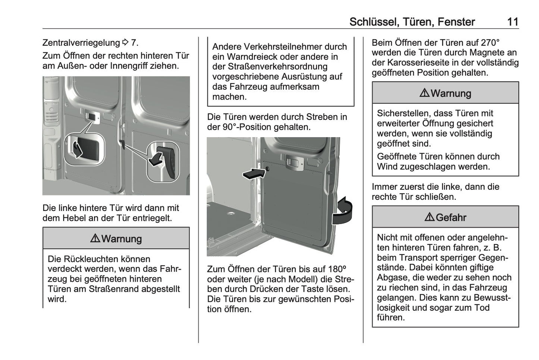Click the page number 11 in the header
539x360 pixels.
[x=513, y=22]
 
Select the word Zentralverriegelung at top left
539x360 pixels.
[x=81, y=43]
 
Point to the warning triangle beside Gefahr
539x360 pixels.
[x=429, y=217]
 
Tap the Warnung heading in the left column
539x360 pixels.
[x=121, y=239]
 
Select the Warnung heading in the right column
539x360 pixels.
[x=451, y=93]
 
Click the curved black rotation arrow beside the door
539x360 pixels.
[x=342, y=211]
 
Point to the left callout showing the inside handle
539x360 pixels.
[x=84, y=149]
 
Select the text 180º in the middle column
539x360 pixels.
[x=337, y=269]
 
